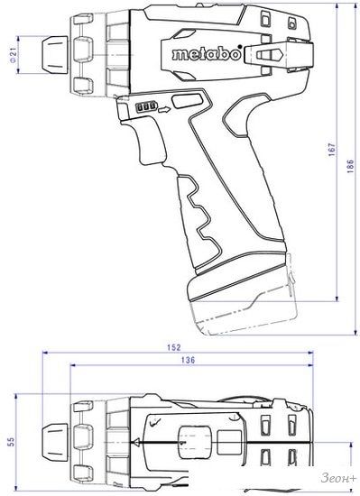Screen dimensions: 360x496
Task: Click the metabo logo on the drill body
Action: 207,54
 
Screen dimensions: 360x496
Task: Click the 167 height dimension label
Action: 332,150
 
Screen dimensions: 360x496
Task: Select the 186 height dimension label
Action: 350,166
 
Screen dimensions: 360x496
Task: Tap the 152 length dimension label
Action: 173,347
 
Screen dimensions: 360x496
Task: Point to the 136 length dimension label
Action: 189,360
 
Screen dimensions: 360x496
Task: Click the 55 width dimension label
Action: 12,442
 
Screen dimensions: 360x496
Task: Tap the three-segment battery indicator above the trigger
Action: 146,107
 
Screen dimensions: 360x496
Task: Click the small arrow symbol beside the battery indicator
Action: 164,110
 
